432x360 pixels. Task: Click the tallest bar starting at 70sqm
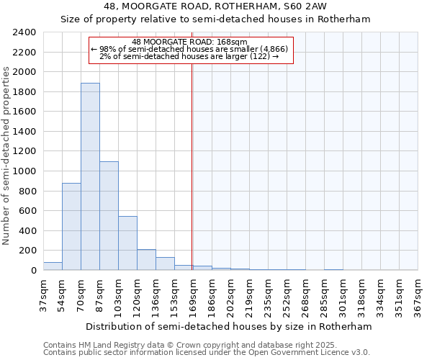coord(90,176)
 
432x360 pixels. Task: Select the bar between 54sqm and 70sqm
coord(71,226)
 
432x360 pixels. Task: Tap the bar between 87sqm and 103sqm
coord(109,215)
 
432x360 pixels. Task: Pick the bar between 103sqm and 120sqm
coord(127,243)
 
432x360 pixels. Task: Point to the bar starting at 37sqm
coord(53,266)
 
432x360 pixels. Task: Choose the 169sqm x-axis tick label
coord(193,294)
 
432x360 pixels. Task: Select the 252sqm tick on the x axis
coord(287,294)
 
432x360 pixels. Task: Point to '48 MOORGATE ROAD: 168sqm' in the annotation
coord(191,42)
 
